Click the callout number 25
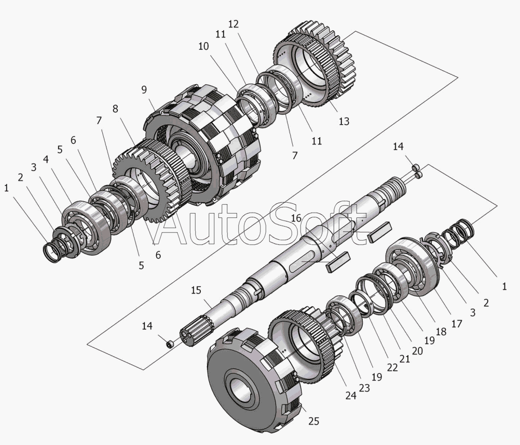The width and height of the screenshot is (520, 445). [313, 421]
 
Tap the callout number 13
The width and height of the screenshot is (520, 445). [344, 121]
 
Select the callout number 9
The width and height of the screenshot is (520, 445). [144, 89]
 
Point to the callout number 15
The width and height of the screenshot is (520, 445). [196, 290]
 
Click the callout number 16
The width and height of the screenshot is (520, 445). [296, 218]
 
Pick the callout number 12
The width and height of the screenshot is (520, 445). [234, 24]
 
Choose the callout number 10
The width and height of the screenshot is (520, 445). [203, 46]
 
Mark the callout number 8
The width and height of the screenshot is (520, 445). [115, 109]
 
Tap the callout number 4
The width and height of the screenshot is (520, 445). [46, 160]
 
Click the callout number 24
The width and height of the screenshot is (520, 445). [350, 396]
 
